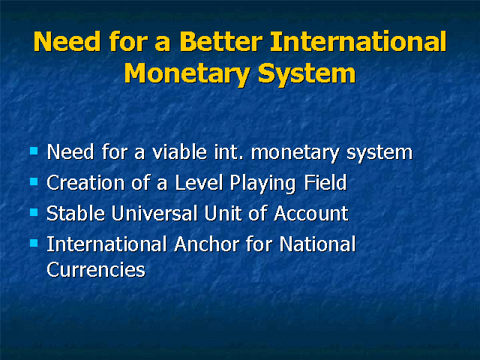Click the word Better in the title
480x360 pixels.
(221, 42)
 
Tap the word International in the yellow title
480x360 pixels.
(358, 41)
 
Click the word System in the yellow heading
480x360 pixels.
(307, 73)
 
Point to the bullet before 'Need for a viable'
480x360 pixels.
(34, 151)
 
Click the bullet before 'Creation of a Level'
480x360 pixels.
(34, 181)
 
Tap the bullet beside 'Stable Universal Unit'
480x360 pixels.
(34, 212)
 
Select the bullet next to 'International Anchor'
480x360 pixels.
(34, 243)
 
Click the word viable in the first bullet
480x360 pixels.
(180, 151)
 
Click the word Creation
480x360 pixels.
(85, 183)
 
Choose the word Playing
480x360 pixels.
(262, 184)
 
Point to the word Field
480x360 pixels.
(325, 183)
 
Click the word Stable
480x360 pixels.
(76, 213)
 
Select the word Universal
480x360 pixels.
(154, 213)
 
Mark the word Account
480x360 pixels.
(311, 213)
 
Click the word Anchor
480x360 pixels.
(207, 244)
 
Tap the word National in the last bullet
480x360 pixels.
(317, 244)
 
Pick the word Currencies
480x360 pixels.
(96, 270)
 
